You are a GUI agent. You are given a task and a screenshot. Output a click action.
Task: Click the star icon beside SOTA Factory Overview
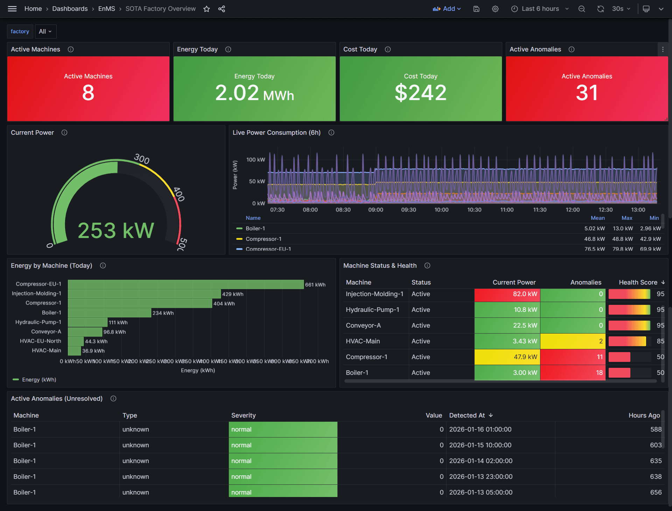click(206, 9)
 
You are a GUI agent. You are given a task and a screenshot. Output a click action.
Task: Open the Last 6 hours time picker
click(540, 9)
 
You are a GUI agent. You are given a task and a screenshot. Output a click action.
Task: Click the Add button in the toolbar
click(447, 9)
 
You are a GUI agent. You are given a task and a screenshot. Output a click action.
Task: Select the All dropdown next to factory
click(45, 31)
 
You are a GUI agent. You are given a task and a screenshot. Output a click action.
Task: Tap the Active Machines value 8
click(88, 93)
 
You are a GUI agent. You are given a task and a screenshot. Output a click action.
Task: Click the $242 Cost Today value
click(420, 93)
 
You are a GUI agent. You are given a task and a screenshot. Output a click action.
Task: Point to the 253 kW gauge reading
click(115, 230)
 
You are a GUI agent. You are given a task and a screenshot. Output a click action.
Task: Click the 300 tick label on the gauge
click(142, 159)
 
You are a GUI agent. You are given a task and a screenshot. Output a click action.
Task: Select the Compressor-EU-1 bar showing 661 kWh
click(185, 284)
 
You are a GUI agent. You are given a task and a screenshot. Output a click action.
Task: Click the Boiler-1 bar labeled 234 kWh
click(109, 313)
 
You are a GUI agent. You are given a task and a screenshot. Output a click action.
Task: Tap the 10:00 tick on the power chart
click(441, 210)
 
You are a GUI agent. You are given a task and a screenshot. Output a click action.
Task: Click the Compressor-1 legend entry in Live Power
click(263, 239)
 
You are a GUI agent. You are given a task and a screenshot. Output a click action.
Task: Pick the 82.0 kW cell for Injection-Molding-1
click(507, 294)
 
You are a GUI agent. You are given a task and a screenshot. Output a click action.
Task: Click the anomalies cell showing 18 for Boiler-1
click(573, 373)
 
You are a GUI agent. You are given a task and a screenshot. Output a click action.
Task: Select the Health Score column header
click(638, 282)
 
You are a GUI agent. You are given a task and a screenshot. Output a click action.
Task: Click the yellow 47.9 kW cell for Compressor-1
click(507, 357)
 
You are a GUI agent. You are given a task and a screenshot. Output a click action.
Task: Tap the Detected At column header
click(467, 415)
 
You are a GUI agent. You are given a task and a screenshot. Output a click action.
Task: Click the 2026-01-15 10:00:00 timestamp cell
click(480, 445)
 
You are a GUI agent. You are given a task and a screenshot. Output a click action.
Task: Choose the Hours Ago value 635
click(656, 461)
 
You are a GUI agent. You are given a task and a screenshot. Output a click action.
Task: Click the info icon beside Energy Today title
click(228, 49)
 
